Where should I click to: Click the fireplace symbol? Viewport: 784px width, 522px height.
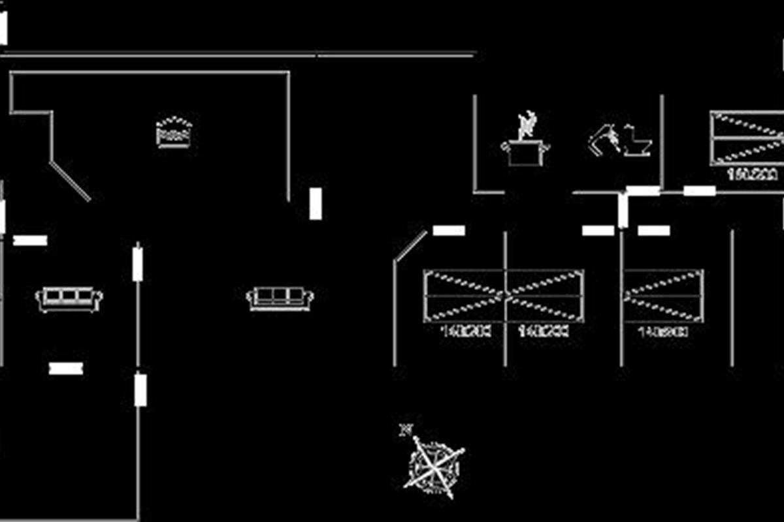(x=174, y=132)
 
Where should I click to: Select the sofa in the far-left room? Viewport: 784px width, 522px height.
(x=69, y=299)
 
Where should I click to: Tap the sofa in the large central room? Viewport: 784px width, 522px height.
(x=280, y=298)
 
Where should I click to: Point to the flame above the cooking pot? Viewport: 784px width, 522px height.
(x=527, y=123)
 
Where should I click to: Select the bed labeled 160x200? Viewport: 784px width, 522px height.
(x=747, y=138)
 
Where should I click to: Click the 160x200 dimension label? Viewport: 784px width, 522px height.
(x=752, y=175)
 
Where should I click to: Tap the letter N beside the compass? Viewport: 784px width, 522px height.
(x=406, y=429)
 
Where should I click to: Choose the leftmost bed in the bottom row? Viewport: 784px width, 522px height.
(x=464, y=296)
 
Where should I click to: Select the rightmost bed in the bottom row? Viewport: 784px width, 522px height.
(x=663, y=296)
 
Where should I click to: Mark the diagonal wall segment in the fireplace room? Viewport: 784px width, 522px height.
(x=71, y=181)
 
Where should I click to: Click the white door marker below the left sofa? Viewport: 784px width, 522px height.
(x=66, y=369)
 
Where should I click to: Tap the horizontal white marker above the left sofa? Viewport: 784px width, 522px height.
(x=30, y=240)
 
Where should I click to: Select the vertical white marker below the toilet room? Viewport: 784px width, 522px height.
(x=623, y=210)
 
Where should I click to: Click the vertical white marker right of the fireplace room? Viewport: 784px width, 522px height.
(x=316, y=204)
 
